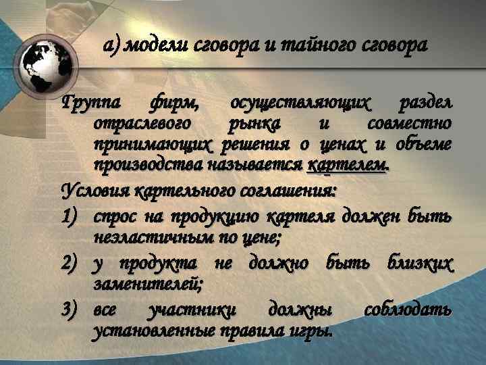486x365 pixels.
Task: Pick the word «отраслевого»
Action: [142, 124]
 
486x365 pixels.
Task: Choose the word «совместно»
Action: [410, 124]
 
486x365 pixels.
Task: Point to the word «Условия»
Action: [95, 191]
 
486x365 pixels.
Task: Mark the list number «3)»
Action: [72, 310]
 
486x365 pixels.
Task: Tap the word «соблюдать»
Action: [408, 310]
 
